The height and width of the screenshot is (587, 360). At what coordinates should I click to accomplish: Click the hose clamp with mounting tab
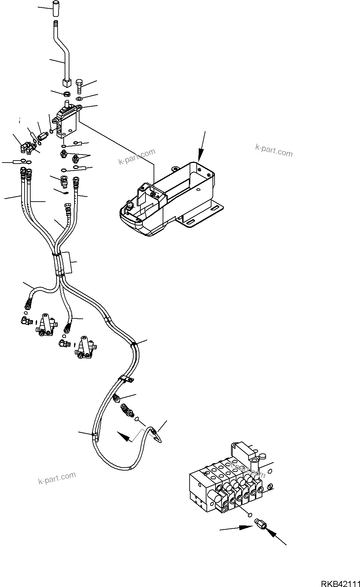126,380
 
